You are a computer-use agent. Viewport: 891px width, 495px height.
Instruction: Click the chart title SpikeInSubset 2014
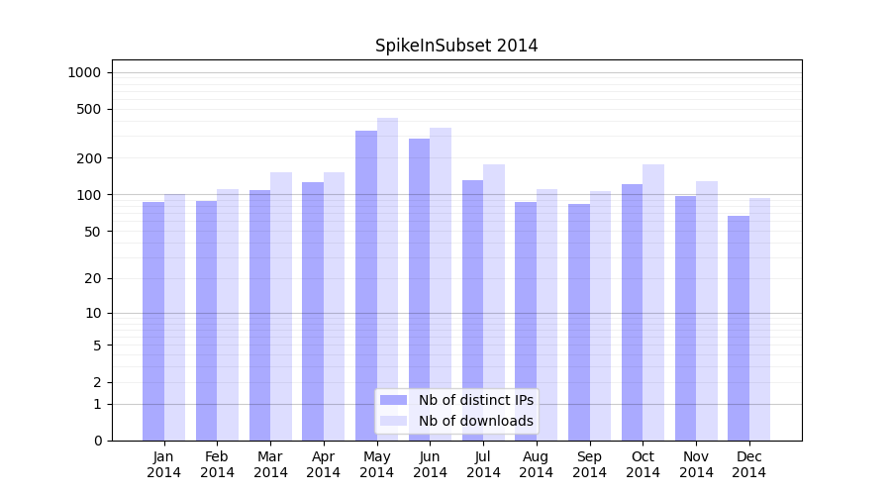click(x=456, y=46)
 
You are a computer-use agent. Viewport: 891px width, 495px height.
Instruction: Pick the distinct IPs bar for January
click(x=153, y=321)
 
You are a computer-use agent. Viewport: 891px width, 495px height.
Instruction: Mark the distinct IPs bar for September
click(x=579, y=322)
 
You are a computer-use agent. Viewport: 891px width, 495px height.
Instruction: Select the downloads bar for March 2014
click(x=281, y=306)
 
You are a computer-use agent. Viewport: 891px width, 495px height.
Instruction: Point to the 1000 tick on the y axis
click(x=85, y=72)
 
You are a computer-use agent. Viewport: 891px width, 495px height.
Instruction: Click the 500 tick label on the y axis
click(x=89, y=109)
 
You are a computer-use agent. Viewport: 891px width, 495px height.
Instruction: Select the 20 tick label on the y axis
click(x=93, y=278)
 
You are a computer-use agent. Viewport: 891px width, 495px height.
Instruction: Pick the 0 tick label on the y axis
click(x=97, y=441)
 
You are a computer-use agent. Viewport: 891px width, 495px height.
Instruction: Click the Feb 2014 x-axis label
click(x=218, y=464)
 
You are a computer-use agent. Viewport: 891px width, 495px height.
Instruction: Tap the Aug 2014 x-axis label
click(x=537, y=464)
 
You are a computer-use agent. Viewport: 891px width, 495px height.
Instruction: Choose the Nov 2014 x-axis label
click(x=696, y=464)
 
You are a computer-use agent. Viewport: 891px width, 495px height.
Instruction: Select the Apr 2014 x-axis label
click(x=324, y=464)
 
